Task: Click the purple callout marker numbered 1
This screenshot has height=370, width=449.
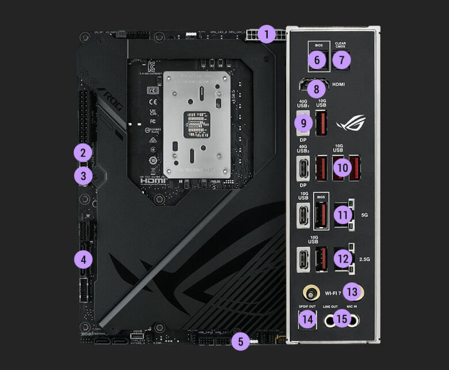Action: (267, 35)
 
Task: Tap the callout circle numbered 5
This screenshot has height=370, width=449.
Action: (241, 342)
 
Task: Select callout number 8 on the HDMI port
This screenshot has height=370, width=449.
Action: (315, 89)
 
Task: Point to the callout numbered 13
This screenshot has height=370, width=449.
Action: (352, 292)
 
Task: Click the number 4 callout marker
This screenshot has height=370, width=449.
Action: (83, 260)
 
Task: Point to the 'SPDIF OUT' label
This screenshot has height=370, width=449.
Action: (307, 306)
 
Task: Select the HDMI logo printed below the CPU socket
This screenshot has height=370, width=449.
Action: (154, 180)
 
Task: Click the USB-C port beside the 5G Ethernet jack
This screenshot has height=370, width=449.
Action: (303, 215)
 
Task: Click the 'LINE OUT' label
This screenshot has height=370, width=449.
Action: (330, 306)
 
